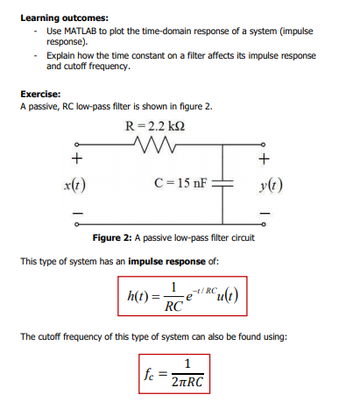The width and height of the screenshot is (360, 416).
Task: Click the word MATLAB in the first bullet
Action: [x=75, y=30]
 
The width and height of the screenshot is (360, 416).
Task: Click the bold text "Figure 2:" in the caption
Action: [x=116, y=239]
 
